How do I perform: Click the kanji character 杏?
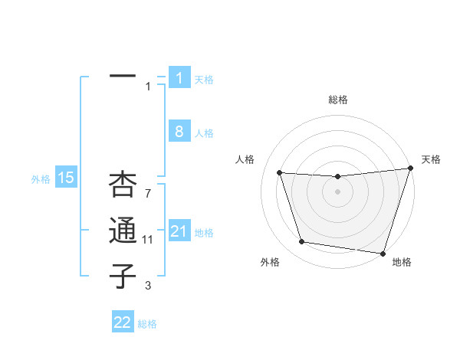(123, 185)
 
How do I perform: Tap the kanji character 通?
(123, 231)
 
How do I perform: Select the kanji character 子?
(123, 277)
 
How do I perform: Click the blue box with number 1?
(179, 78)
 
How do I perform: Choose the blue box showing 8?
(179, 132)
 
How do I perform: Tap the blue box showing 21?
(179, 231)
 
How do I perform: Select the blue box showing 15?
(66, 178)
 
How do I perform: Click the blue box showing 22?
(123, 322)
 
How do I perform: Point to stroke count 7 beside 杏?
(147, 194)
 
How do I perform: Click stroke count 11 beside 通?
(147, 240)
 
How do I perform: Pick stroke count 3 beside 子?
(147, 286)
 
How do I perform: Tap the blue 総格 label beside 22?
(147, 324)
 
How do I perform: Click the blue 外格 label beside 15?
(41, 179)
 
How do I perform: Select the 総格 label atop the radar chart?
(337, 100)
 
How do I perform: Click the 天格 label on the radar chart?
(431, 159)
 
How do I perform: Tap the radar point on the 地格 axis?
(383, 253)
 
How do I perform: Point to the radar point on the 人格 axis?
(280, 173)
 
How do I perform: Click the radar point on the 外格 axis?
(302, 242)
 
